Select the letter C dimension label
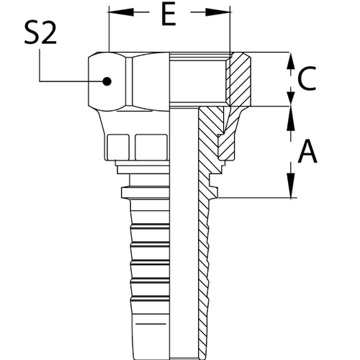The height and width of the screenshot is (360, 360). click(306, 80)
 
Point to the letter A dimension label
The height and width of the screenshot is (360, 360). click(307, 151)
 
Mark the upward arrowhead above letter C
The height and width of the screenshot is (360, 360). click(291, 57)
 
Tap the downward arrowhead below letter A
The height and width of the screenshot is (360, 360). click(291, 192)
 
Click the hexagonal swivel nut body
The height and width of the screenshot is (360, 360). click(108, 81)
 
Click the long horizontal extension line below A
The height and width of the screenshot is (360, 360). click(252, 197)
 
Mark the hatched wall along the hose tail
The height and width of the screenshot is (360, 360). click(204, 274)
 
